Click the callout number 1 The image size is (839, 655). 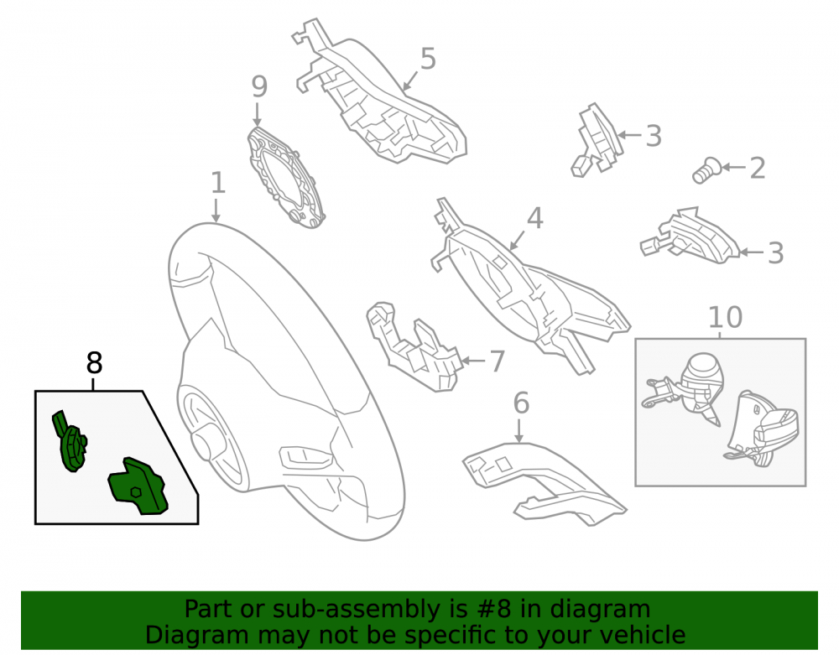[218, 184]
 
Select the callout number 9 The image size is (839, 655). [259, 86]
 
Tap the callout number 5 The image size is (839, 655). [428, 58]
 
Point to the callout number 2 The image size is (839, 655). [757, 169]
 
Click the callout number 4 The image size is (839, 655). [535, 218]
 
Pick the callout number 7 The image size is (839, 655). [498, 361]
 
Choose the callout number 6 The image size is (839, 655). [521, 403]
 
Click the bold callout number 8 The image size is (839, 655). [94, 364]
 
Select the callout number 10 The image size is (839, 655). [725, 318]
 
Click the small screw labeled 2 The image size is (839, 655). [706, 170]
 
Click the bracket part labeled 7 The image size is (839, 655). [413, 346]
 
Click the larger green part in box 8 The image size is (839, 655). [138, 486]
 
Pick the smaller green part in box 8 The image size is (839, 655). [70, 442]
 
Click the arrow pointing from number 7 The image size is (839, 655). [472, 361]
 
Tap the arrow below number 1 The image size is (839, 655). [216, 211]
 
